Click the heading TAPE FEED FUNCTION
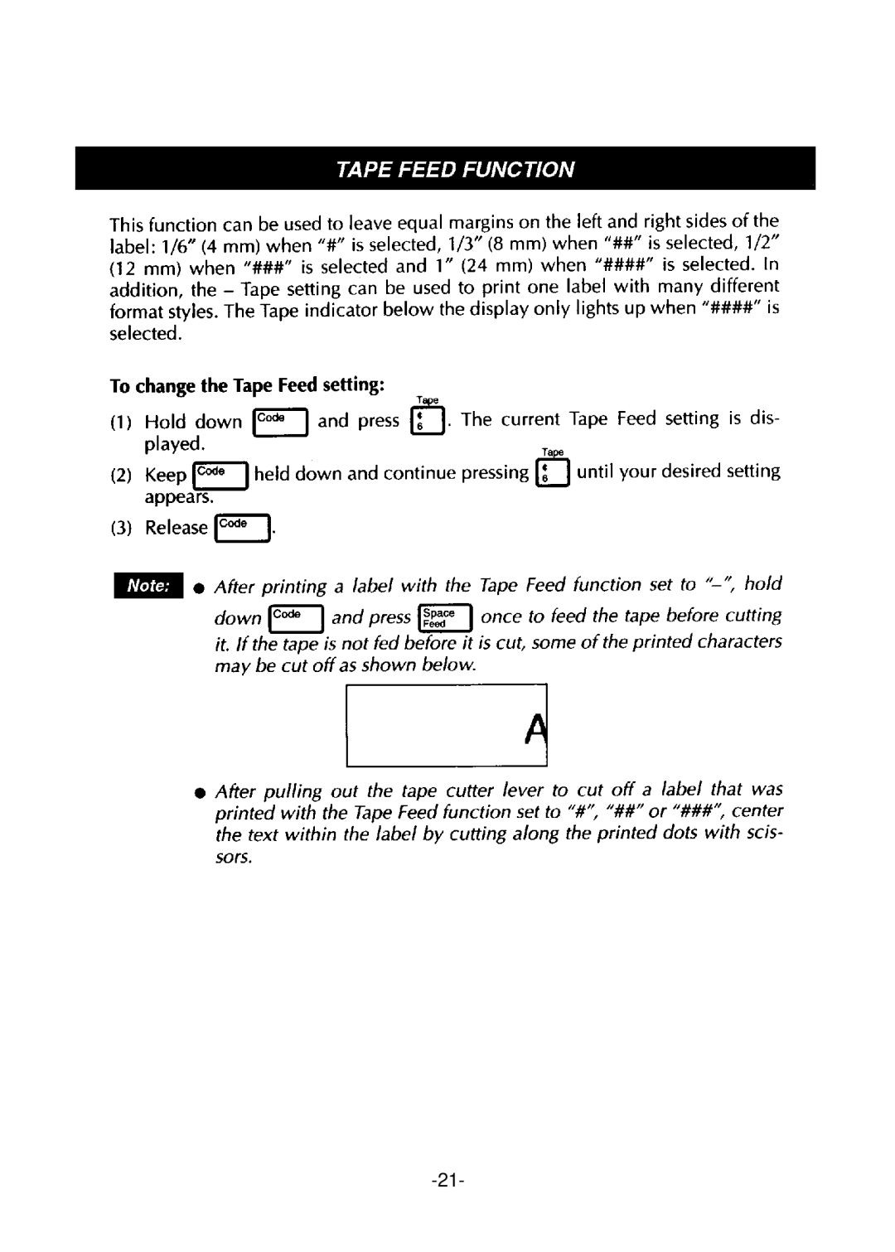(x=454, y=169)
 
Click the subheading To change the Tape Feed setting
(x=247, y=386)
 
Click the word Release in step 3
(x=177, y=528)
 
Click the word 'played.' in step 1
(x=175, y=444)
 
